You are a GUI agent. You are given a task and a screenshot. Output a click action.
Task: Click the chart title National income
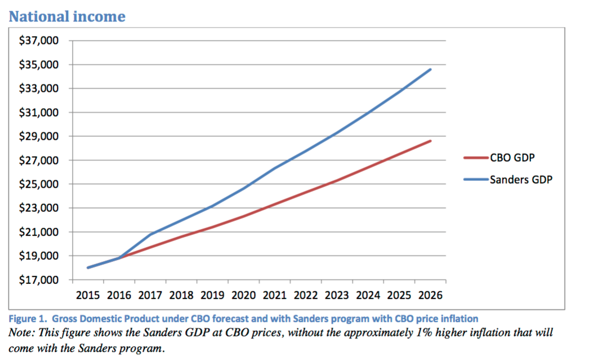[67, 16]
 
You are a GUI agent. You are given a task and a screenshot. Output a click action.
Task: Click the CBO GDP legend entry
[511, 158]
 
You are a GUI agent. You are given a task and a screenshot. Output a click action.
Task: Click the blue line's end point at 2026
[431, 69]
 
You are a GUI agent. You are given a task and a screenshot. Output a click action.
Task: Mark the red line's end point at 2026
[431, 141]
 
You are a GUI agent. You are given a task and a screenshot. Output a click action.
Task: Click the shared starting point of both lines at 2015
[88, 268]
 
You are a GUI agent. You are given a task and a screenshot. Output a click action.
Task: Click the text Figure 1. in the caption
[26, 319]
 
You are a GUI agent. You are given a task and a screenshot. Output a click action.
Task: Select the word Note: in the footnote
[22, 332]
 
